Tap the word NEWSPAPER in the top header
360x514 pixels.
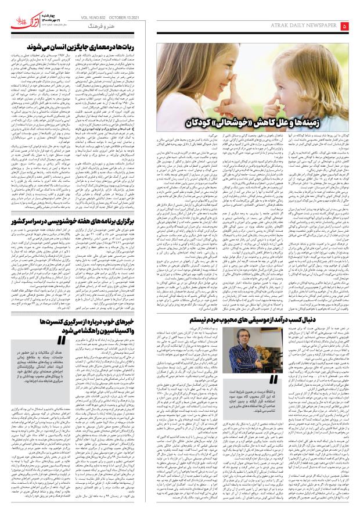(x=319, y=27)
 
